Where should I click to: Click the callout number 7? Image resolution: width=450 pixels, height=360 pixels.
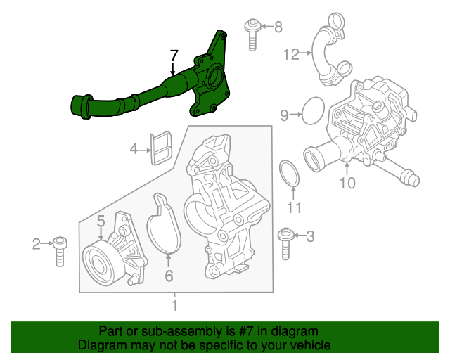point(174,56)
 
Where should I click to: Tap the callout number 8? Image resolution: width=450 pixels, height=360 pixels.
point(278,27)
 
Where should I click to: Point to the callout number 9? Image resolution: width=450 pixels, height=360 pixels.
point(285,114)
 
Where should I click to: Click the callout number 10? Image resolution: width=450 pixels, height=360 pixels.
point(347,184)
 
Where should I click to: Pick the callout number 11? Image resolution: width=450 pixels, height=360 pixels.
point(294,207)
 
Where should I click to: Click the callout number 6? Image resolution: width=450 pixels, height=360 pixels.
point(169,276)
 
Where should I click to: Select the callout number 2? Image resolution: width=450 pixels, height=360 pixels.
point(37,244)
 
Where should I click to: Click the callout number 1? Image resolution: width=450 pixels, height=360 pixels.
point(175,306)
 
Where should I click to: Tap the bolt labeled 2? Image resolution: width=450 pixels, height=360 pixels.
point(60,250)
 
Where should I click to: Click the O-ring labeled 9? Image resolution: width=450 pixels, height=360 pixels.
point(311,111)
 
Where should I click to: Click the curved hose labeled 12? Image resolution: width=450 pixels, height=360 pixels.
point(326,53)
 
